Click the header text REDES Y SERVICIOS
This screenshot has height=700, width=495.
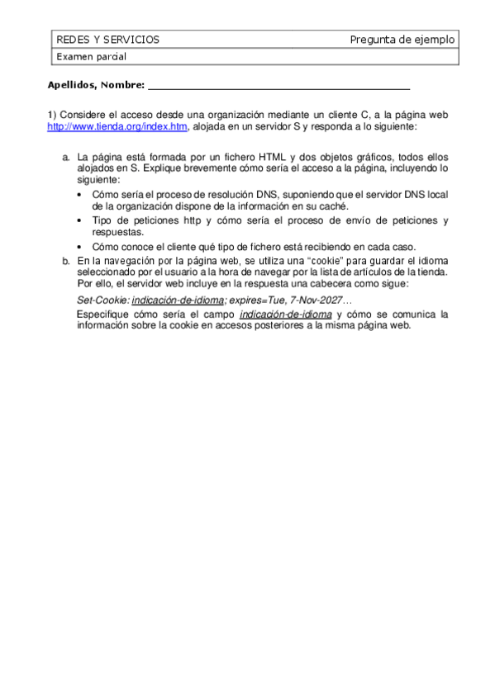(107, 40)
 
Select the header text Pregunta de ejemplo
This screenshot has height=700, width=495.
(402, 40)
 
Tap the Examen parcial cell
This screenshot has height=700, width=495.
(90, 57)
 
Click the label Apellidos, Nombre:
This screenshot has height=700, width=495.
(96, 84)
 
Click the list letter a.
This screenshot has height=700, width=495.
(66, 156)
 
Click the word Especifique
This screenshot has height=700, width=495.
(102, 315)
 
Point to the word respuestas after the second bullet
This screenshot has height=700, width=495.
(118, 232)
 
